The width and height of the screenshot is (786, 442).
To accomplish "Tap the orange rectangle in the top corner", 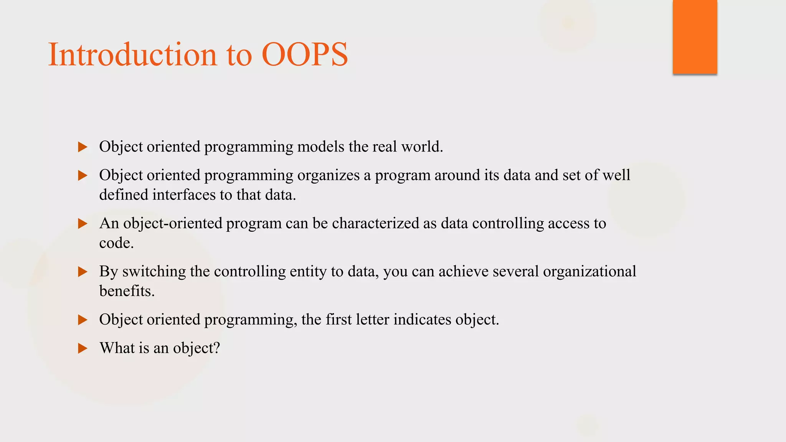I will click(x=695, y=36).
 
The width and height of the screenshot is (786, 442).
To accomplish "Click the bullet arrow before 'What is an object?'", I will click(x=83, y=348).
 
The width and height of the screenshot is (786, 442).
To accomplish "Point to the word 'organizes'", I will click(x=329, y=175).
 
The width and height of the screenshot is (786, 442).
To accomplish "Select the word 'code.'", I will click(x=116, y=243).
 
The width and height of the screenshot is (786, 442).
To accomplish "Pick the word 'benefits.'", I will click(x=127, y=291).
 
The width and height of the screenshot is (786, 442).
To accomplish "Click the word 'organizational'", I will click(x=589, y=272).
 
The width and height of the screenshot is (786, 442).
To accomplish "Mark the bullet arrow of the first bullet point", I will click(x=83, y=147).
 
